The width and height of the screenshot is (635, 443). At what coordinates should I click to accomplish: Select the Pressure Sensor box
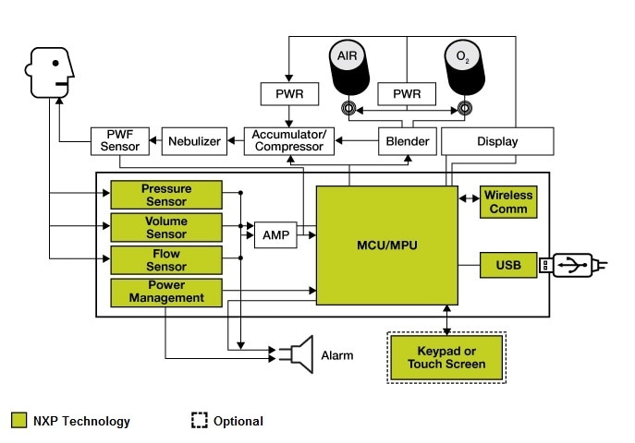[x=166, y=195]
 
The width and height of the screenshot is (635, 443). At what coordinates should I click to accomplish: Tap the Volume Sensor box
[x=166, y=227]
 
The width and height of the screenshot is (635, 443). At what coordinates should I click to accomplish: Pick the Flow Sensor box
[x=166, y=260]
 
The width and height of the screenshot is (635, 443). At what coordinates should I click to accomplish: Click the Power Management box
[x=166, y=293]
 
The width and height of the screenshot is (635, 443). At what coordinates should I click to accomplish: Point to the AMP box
[x=275, y=235]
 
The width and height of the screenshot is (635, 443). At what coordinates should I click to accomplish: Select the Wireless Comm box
[x=507, y=202]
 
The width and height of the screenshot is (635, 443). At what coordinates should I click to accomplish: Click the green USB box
[x=507, y=266]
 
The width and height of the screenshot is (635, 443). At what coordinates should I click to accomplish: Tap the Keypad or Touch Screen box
[x=446, y=358]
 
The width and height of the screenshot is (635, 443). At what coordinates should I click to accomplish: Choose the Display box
[x=497, y=141]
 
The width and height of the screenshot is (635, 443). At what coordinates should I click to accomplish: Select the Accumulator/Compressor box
[x=288, y=141]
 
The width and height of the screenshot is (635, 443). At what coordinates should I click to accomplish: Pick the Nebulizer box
[x=192, y=141]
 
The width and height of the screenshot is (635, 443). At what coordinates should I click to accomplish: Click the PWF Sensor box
[x=116, y=141]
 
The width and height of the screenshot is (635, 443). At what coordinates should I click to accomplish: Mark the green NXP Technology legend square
[x=18, y=421]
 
